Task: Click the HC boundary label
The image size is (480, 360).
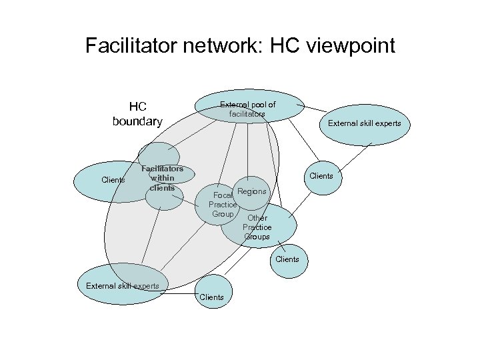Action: (138, 114)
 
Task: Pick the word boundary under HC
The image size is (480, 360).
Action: (138, 121)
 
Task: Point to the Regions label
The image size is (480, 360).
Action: (253, 191)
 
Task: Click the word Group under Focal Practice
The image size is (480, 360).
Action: (223, 214)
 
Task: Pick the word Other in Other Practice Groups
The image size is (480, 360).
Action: (257, 218)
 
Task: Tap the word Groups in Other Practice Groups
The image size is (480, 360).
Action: (257, 237)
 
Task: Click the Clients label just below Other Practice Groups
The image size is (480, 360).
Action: (287, 259)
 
